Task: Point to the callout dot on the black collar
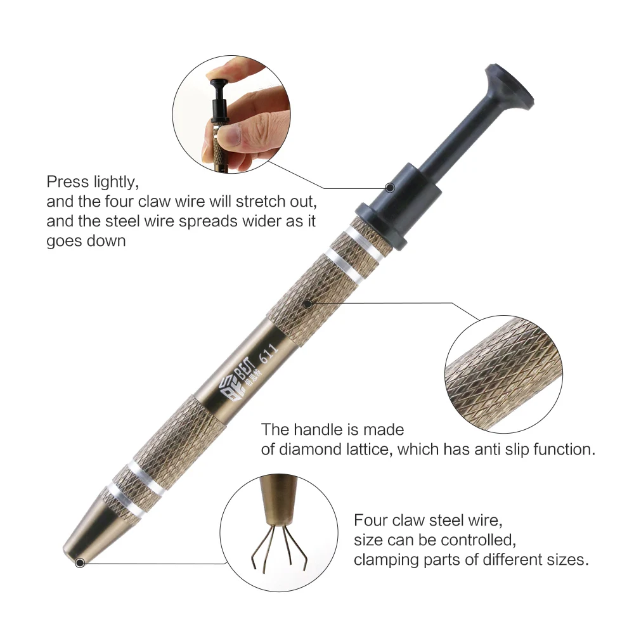pos(390,188)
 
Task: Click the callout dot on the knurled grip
pos(308,303)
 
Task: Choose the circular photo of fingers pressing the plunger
pos(231,113)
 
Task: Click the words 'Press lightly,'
pos(92,183)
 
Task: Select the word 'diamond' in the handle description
pos(304,450)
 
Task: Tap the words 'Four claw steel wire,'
pos(428,521)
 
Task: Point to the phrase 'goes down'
pos(86,242)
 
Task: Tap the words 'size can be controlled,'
pos(434,541)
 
